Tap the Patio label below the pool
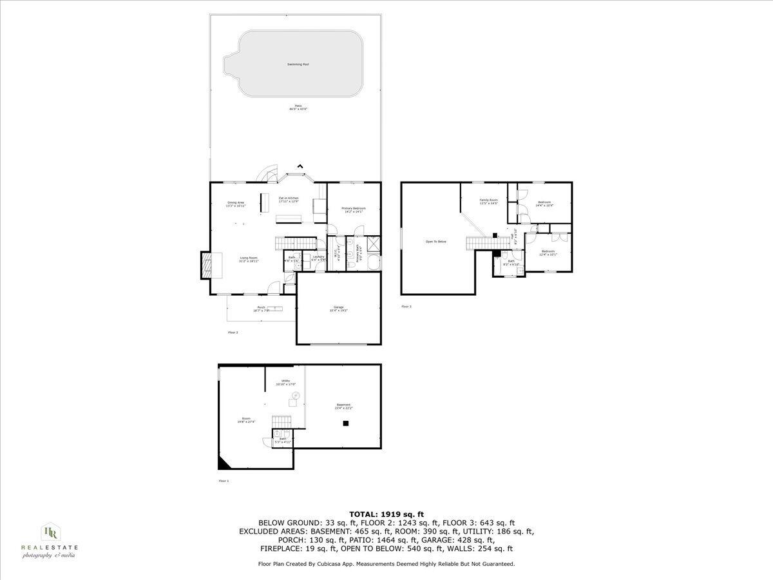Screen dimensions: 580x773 tap(298, 107)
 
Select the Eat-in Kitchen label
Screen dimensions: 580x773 tap(288, 200)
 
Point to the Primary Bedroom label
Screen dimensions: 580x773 tap(354, 210)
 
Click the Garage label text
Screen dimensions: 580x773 tap(338, 309)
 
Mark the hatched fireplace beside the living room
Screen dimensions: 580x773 tap(206, 265)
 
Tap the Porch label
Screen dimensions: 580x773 tap(261, 309)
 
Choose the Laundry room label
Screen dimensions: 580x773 tap(318, 258)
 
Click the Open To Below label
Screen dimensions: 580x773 tap(435, 242)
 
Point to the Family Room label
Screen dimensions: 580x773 tap(489, 202)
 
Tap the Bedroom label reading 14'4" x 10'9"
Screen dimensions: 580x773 tap(544, 204)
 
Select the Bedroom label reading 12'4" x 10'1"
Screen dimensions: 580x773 tap(548, 252)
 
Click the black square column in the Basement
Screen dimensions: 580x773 tap(346, 423)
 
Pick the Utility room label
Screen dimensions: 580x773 tap(286, 382)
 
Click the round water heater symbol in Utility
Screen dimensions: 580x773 tap(296, 394)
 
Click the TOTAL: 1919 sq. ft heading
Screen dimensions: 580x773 tap(386, 514)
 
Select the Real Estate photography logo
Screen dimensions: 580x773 tap(50, 539)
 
